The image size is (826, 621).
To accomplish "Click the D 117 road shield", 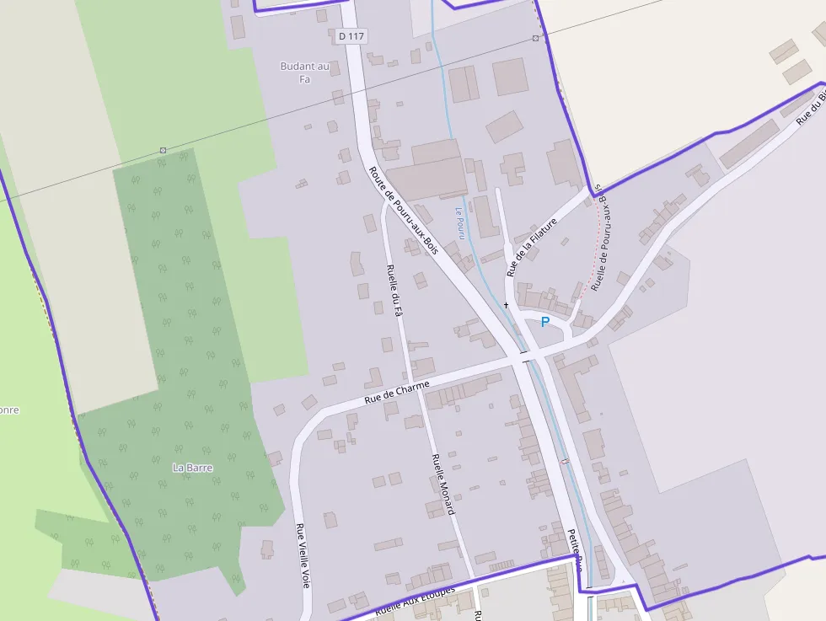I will tap(351, 36).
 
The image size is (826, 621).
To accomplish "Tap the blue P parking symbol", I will tap(544, 322).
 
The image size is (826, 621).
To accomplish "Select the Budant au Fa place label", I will tap(304, 72).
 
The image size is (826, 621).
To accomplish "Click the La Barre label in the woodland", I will tap(192, 468).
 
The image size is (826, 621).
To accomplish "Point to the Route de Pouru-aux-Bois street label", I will tap(404, 210).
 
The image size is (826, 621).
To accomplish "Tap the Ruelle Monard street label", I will tap(442, 484).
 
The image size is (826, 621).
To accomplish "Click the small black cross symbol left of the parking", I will tap(507, 304).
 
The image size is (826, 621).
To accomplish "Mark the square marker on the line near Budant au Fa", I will tap(163, 150).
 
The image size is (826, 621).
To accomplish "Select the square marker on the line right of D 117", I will tap(535, 39).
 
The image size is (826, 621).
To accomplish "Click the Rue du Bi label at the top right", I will tap(811, 106).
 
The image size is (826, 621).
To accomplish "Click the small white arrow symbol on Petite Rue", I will tap(565, 461).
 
